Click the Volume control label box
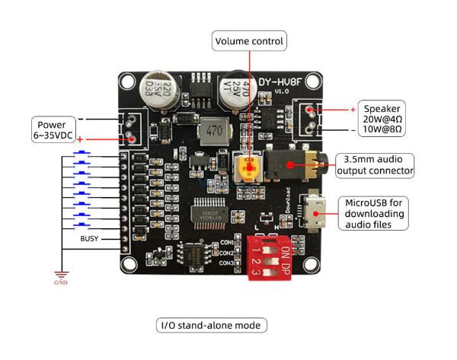click(x=249, y=40)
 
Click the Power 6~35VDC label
click(x=54, y=129)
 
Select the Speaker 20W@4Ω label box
click(x=383, y=119)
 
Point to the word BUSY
click(x=89, y=238)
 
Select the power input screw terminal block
click(x=130, y=129)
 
